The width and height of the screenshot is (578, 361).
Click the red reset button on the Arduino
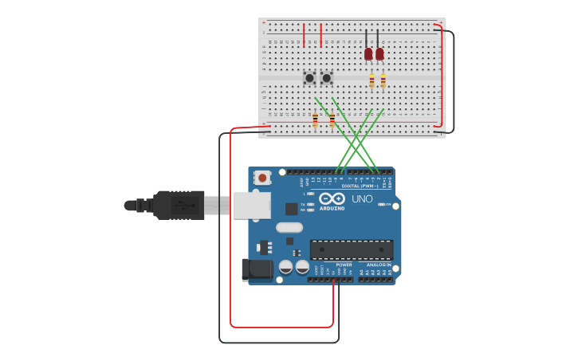point(262,179)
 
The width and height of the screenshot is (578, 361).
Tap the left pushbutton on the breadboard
point(309,78)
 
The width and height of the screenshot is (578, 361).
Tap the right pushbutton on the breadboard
point(326,78)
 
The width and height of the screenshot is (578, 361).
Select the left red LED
point(368,54)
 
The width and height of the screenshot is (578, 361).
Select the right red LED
point(379,54)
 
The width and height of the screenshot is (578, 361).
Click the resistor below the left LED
point(372,80)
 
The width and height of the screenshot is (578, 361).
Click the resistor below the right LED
point(383,80)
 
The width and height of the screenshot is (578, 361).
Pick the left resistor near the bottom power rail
point(315,120)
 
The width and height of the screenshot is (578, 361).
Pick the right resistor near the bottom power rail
point(332,120)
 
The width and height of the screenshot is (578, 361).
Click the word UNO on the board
point(362,198)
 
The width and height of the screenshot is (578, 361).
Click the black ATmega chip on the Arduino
point(351,249)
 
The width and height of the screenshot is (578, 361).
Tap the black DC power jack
point(256,270)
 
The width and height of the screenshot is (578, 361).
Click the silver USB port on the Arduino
point(252,205)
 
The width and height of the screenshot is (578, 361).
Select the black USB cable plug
point(179,205)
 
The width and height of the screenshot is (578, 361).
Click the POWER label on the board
point(344,265)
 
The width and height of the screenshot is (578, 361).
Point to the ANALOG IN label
point(379,265)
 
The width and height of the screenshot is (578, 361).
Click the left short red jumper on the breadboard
point(304,35)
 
